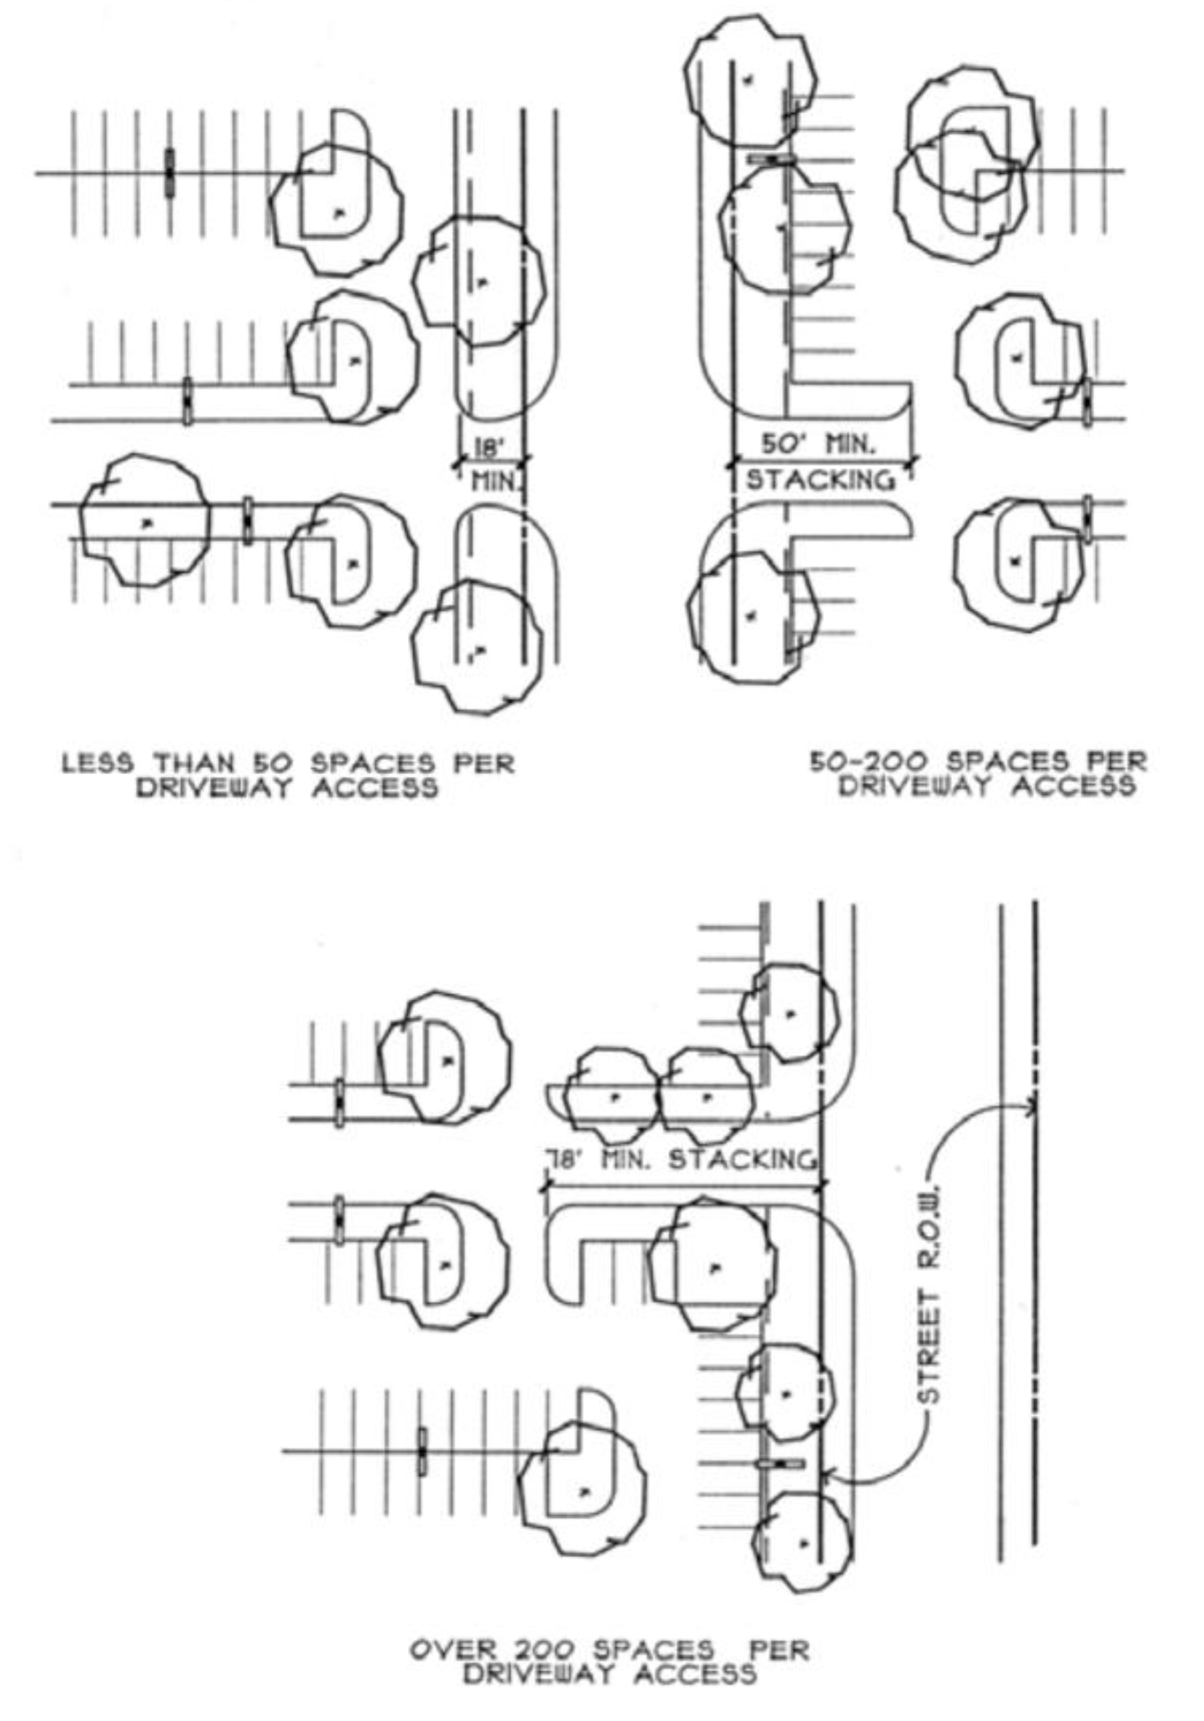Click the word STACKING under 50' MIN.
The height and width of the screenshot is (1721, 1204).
tap(820, 479)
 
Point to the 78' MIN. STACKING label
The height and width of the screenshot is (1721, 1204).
tap(679, 1160)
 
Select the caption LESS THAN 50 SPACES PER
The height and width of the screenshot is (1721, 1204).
tap(288, 764)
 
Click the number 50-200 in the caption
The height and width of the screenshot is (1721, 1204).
tap(868, 762)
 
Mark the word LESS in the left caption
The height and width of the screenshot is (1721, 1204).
tap(97, 764)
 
